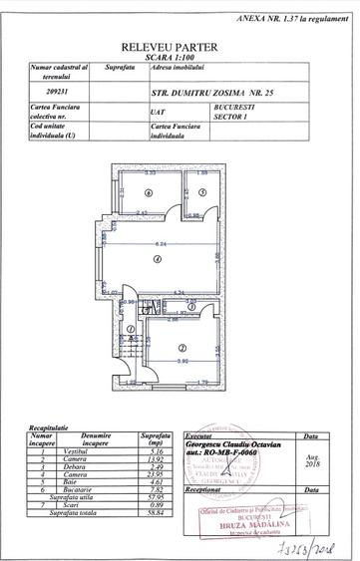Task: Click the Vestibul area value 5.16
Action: point(153,451)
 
